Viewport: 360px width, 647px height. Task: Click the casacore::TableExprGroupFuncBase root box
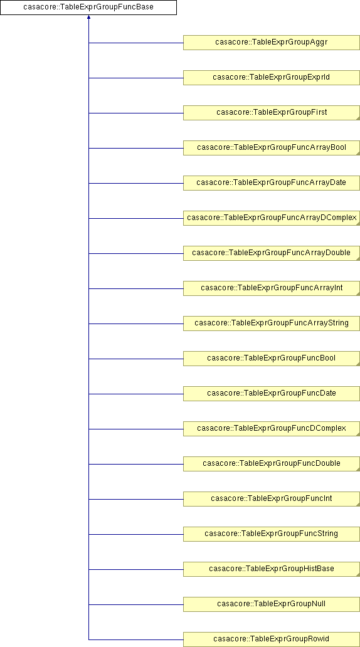88,8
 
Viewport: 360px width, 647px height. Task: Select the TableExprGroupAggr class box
271,43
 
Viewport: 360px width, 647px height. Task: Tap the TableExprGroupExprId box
271,78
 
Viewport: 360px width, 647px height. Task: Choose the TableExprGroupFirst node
271,113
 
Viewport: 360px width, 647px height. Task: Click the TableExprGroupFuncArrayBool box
271,148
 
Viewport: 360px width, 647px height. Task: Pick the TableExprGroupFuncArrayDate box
271,183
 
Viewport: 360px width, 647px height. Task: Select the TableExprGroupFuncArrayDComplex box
271,218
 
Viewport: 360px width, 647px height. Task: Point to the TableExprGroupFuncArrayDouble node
271,253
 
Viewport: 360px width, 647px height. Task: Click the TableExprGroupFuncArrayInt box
271,288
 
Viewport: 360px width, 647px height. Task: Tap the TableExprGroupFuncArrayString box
271,323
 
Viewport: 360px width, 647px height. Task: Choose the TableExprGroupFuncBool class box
271,358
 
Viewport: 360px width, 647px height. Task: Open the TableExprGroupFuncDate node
271,393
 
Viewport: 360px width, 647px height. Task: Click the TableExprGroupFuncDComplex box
271,429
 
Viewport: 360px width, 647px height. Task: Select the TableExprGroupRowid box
271,639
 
